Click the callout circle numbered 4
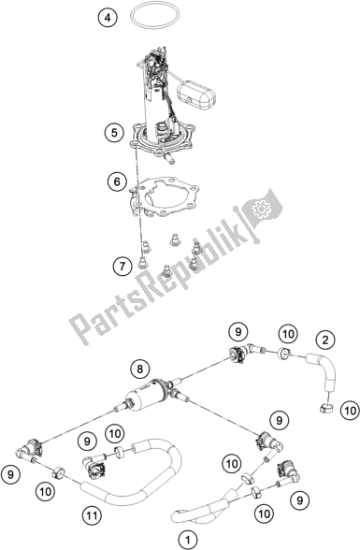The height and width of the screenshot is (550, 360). pos(108,18)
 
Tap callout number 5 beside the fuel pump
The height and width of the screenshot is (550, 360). pos(113,134)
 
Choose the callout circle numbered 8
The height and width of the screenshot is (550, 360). pos(138,367)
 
